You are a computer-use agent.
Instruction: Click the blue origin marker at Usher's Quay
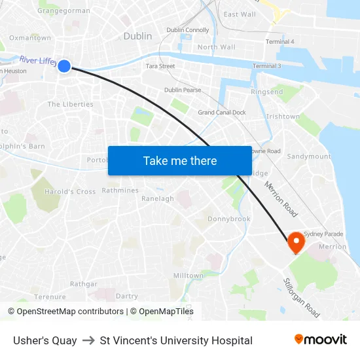point(64,65)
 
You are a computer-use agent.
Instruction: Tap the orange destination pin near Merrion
point(296,241)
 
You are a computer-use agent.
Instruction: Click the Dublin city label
point(137,37)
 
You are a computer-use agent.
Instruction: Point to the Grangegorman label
point(63,11)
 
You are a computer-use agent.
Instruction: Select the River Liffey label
point(38,60)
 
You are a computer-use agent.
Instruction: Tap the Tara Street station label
point(160,66)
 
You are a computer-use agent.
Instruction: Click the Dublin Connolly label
point(187,30)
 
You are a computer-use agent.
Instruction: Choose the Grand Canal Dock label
point(222,113)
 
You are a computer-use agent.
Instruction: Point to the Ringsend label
point(267,92)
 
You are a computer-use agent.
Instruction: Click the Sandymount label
point(309,157)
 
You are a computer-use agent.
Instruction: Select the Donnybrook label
point(228,219)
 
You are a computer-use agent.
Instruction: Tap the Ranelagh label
point(158,199)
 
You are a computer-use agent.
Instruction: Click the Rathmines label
point(120,191)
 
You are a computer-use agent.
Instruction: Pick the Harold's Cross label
point(69,192)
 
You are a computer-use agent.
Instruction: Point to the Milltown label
point(188,276)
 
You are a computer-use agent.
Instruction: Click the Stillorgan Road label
point(301,298)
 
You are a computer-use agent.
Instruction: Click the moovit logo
point(321,340)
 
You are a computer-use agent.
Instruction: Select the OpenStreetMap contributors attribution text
point(65,312)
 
